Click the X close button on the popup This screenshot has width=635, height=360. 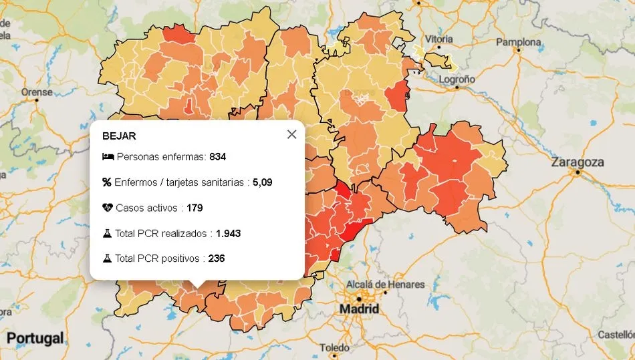(291, 134)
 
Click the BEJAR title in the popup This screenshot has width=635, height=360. (119, 136)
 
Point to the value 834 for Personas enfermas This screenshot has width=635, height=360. (218, 157)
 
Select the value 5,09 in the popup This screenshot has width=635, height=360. (262, 182)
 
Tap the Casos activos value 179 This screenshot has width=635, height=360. (195, 208)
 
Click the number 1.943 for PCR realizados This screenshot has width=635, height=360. (228, 234)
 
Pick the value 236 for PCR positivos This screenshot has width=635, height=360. (217, 258)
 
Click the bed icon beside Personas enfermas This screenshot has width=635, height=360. (108, 157)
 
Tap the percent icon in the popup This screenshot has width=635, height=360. (107, 182)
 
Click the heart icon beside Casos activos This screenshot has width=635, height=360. (108, 208)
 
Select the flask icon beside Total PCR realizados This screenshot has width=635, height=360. (107, 234)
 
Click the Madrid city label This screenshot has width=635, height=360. (359, 309)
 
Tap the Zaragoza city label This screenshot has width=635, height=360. (578, 162)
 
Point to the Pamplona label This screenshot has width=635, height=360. (519, 42)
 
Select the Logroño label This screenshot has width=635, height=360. (457, 79)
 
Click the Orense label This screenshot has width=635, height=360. (37, 92)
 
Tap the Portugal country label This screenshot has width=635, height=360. (35, 338)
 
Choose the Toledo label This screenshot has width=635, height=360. (334, 348)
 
